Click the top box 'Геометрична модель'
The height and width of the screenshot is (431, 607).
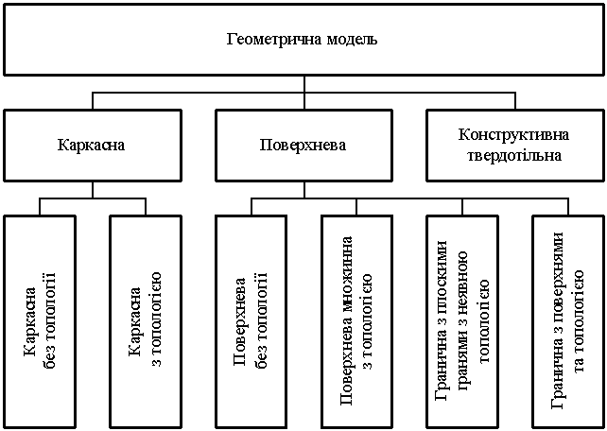303,41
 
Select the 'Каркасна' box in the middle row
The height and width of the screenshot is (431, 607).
92,146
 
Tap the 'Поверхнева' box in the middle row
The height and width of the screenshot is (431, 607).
303,146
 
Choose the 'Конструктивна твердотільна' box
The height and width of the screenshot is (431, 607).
515,146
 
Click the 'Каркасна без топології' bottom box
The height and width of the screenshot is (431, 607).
40,321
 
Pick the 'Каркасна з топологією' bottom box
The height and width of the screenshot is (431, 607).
146,321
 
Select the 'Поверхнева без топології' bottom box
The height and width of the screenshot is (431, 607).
251,321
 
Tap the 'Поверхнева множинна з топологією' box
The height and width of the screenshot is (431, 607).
357,321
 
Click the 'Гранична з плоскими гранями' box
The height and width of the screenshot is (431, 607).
463,321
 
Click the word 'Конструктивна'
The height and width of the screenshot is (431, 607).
515,136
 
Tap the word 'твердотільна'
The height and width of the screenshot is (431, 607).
515,155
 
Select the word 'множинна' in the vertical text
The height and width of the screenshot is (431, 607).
348,275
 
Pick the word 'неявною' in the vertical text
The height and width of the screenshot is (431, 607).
462,275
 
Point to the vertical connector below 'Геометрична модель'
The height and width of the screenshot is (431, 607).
303,83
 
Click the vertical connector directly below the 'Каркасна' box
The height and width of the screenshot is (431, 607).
92,189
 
